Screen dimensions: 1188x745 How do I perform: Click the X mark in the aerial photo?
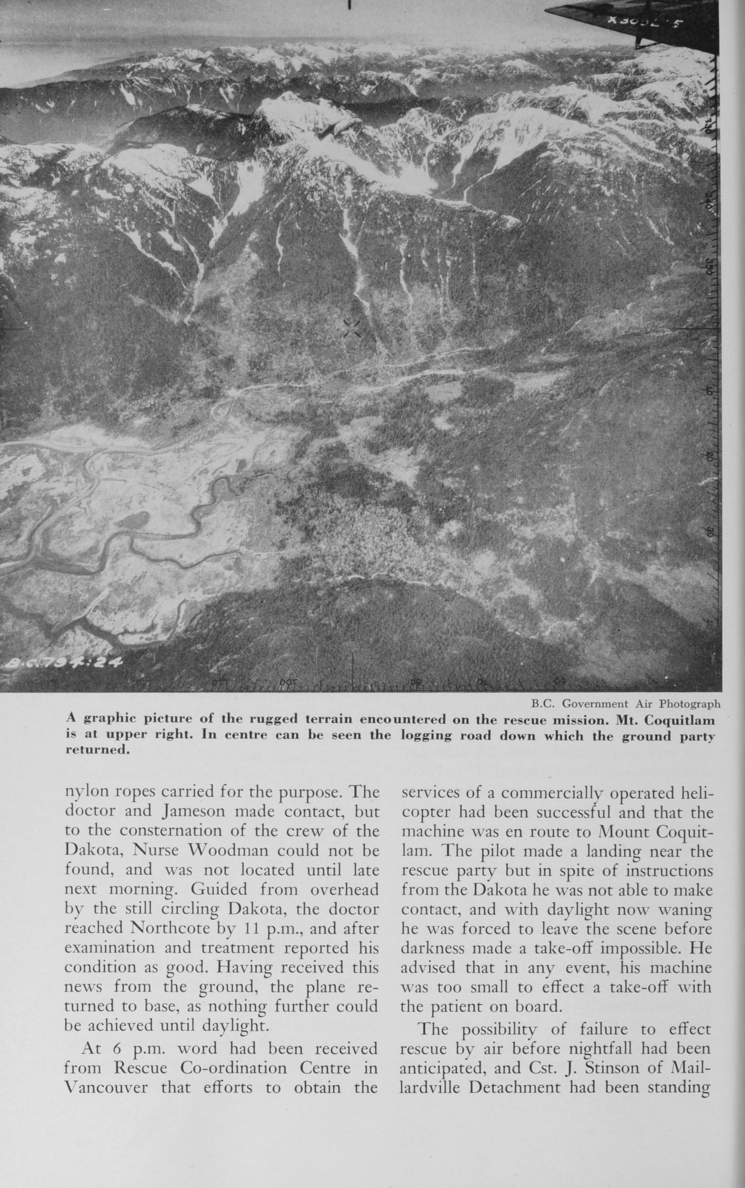(352, 329)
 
